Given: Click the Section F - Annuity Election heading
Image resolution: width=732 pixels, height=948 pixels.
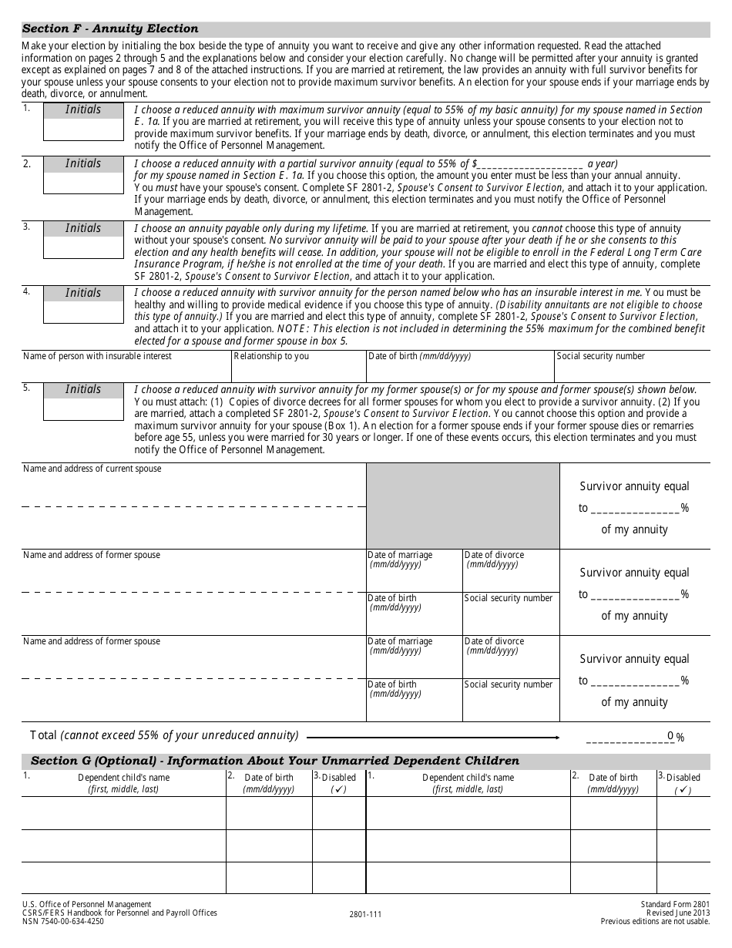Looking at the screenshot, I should coord(110,29).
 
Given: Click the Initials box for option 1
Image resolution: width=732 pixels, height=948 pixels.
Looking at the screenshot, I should coord(83,129).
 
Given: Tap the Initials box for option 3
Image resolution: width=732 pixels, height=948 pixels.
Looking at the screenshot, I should coord(83,247).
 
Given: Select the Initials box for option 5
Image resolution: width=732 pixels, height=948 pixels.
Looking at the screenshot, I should coord(83,408).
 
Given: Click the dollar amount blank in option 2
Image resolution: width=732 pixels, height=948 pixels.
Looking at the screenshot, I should coord(530,164).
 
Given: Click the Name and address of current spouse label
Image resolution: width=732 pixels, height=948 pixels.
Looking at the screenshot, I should coord(92,469).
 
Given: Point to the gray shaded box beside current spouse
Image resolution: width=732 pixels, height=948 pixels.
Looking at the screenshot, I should coord(462,506).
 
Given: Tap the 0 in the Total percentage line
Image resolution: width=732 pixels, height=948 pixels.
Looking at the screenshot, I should coord(670,736).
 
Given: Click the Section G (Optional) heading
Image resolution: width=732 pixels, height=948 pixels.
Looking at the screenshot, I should coord(275,761).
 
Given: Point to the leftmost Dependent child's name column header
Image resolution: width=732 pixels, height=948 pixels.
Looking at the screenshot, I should coord(123,783).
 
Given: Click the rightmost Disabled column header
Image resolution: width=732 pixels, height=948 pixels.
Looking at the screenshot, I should coord(683,783).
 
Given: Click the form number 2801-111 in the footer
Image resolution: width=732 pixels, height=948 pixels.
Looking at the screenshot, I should coord(365,914).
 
